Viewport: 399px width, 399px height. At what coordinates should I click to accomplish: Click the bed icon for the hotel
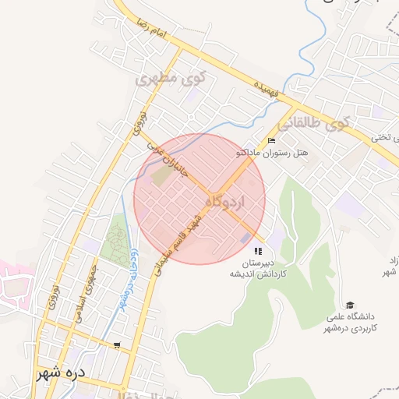point(271,140)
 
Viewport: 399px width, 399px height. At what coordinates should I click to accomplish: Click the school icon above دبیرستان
point(257,252)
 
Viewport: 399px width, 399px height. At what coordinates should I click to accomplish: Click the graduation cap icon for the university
point(350,305)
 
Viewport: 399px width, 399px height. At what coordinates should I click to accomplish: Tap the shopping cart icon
point(117,344)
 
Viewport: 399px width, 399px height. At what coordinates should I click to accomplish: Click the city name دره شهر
point(59,373)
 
